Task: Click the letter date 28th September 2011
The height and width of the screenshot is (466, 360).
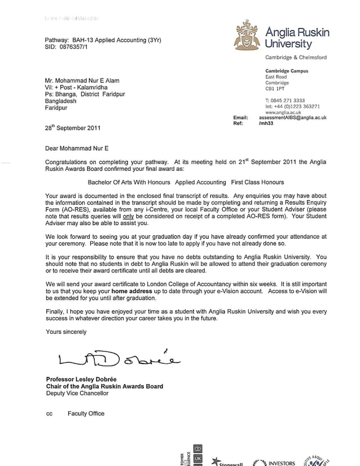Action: point(73,128)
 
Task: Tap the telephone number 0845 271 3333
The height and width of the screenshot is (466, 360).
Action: point(288,100)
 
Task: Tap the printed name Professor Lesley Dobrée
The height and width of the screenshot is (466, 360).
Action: point(86,379)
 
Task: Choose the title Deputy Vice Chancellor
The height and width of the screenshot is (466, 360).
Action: point(77,393)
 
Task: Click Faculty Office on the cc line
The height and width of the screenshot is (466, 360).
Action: point(86,414)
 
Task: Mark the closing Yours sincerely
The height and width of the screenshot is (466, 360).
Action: point(66,332)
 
